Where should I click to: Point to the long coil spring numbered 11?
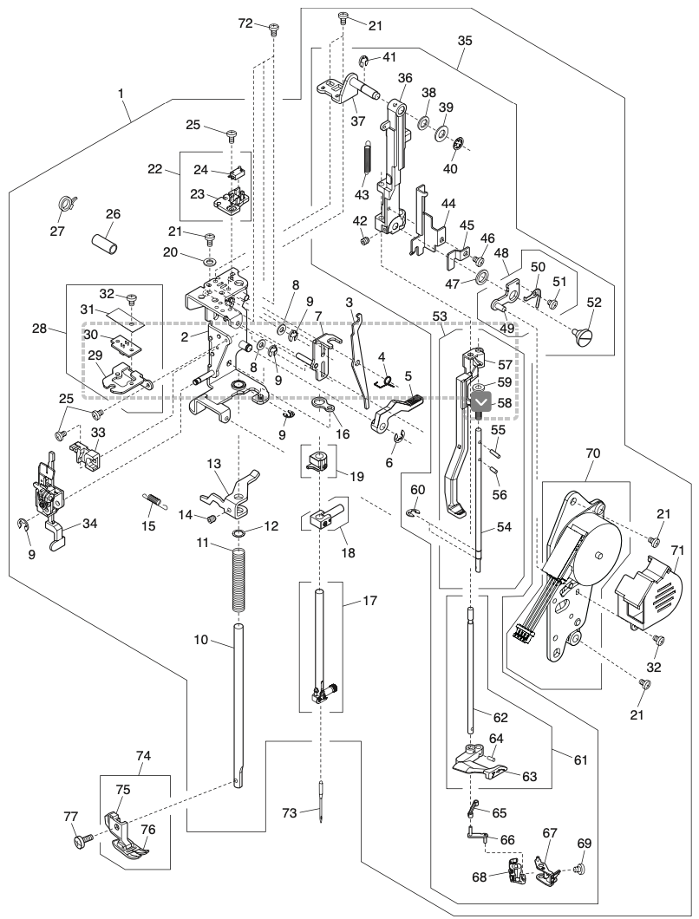tap(237, 581)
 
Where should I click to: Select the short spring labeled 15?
tap(154, 500)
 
